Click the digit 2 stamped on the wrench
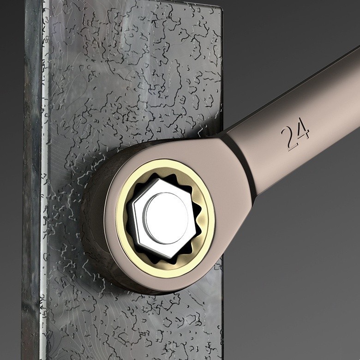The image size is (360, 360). pyautogui.click(x=288, y=139)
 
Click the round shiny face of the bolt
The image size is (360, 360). pyautogui.click(x=167, y=218)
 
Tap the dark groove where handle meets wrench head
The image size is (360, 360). pyautogui.click(x=240, y=161)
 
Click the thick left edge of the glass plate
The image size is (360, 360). pyautogui.click(x=32, y=179)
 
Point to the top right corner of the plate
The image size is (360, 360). pyautogui.click(x=222, y=9)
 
